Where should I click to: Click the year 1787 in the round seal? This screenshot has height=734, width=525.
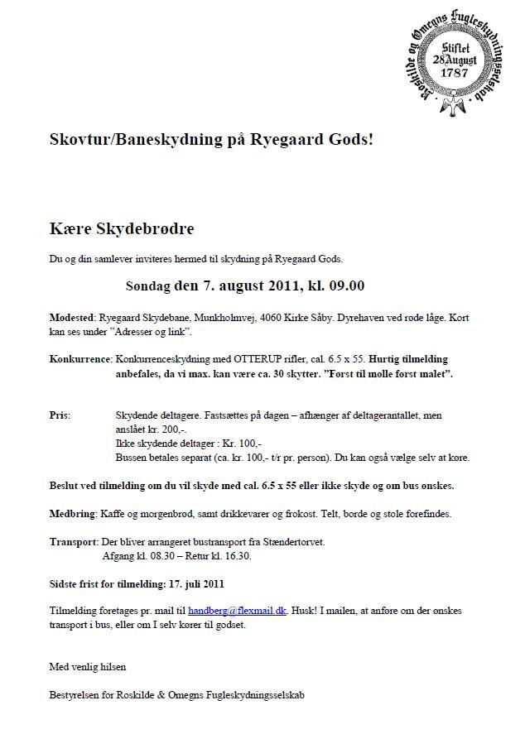pyautogui.click(x=455, y=72)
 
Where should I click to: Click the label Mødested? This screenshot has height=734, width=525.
pyautogui.click(x=73, y=318)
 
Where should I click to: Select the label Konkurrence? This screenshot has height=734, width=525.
pyautogui.click(x=80, y=360)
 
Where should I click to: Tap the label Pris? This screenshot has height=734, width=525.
pyautogui.click(x=60, y=415)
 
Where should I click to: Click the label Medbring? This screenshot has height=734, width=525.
pyautogui.click(x=73, y=514)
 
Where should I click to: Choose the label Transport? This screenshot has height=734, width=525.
pyautogui.click(x=73, y=542)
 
